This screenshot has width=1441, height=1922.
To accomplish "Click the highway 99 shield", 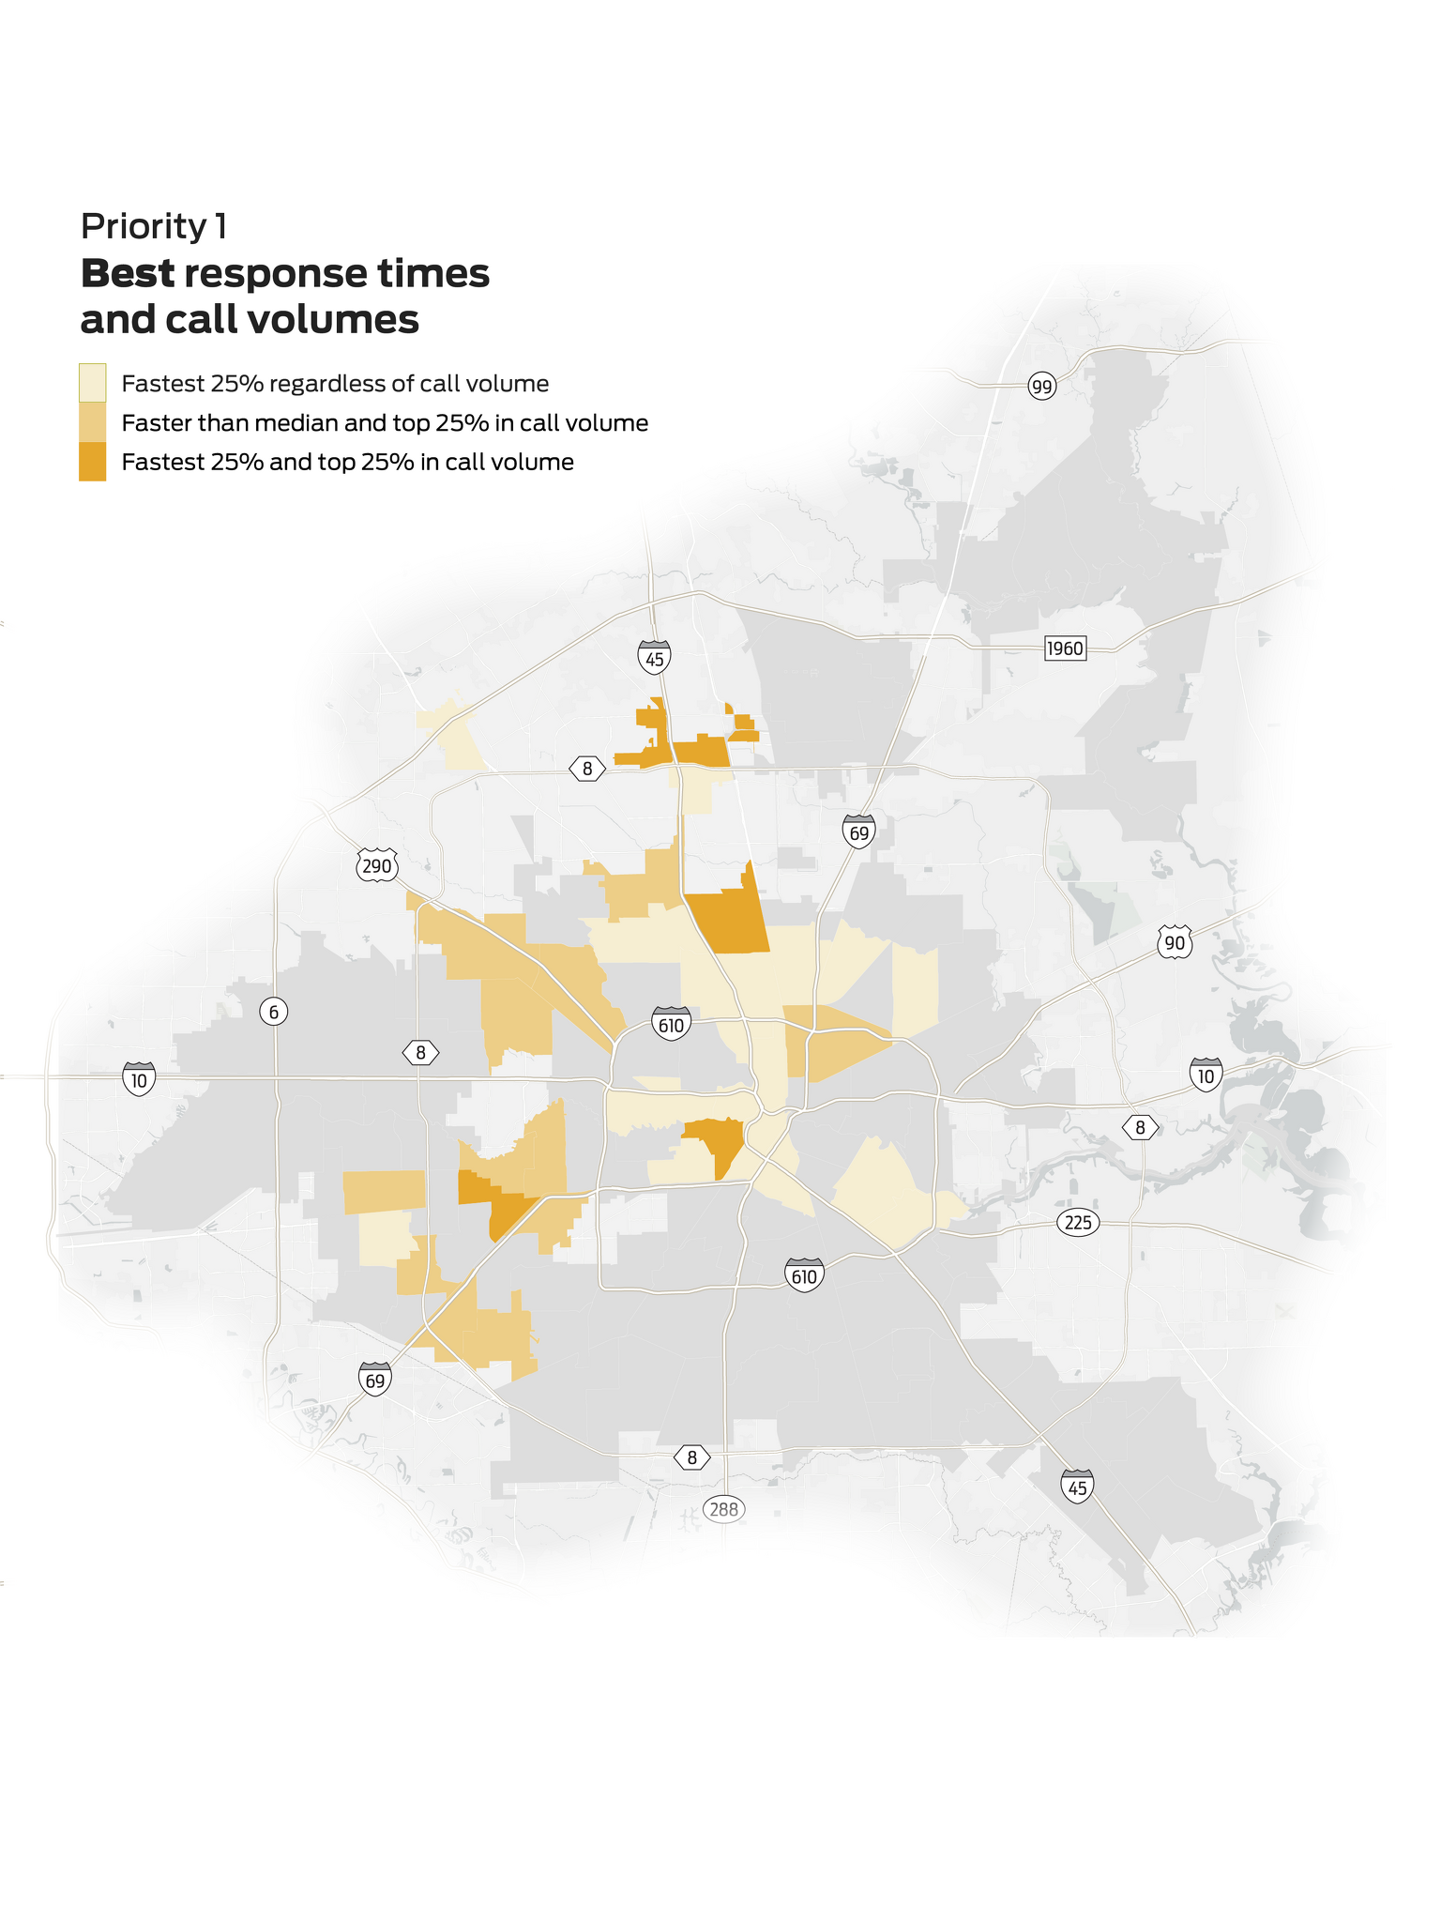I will click(x=1041, y=386).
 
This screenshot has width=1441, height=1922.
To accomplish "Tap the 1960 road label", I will click(x=1065, y=648).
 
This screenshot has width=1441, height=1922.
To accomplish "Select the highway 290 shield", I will click(x=376, y=865).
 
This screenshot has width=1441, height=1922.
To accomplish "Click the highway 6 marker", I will click(x=273, y=1012).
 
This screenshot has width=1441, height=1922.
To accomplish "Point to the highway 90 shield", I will click(x=1175, y=943).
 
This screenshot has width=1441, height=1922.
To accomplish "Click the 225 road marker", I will click(x=1078, y=1223).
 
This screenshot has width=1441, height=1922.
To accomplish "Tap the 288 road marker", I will click(x=724, y=1510).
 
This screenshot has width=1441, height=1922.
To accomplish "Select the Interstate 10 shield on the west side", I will click(x=139, y=1079).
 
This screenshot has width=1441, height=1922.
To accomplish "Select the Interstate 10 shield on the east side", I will click(x=1206, y=1075).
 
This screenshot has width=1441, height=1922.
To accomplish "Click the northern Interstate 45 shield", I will click(x=655, y=658).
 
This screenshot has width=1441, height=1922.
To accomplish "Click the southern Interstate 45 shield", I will click(x=1077, y=1487).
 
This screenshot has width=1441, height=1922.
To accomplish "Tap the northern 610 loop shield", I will click(x=671, y=1025).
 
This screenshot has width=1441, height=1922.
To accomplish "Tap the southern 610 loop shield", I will click(x=804, y=1275).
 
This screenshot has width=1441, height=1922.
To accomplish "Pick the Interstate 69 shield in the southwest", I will click(x=375, y=1380).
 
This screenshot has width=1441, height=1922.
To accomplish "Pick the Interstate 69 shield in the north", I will click(x=858, y=831).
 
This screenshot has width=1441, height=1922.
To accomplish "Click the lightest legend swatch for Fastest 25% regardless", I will click(x=92, y=383).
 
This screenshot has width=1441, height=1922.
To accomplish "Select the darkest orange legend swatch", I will click(x=92, y=462).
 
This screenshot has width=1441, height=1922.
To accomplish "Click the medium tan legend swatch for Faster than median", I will click(x=92, y=422).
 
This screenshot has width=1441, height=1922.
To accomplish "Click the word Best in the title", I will click(x=128, y=274).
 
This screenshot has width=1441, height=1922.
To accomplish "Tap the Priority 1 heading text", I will click(x=154, y=226).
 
